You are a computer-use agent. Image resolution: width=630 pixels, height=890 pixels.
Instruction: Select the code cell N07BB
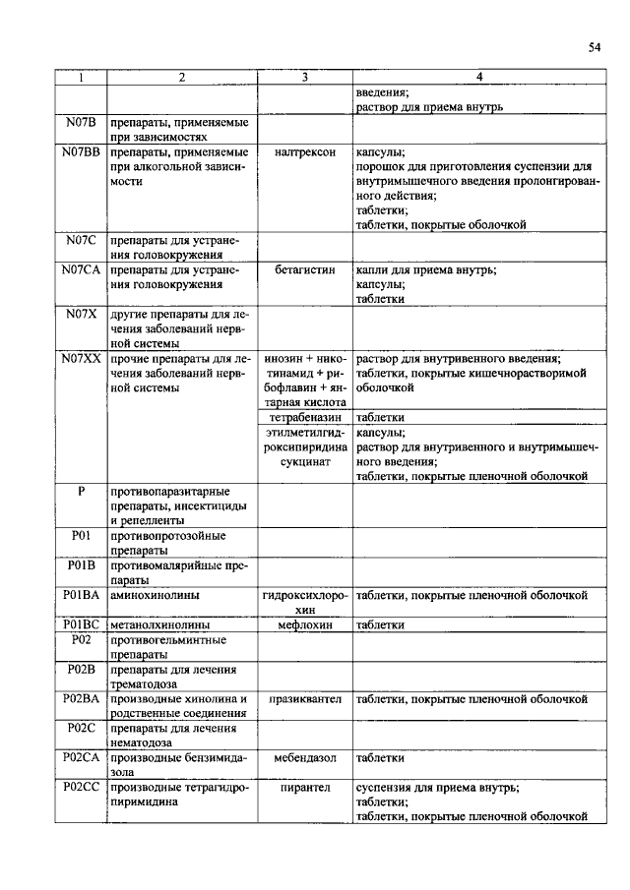80,153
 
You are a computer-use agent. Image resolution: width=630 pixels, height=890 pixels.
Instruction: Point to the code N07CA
80,269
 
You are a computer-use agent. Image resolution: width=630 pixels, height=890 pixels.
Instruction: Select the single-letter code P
80,490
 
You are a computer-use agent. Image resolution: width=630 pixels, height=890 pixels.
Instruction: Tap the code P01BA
80,595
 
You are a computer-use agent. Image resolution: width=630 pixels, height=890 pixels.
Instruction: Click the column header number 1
80,77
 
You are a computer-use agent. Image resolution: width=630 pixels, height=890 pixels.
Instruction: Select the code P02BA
80,698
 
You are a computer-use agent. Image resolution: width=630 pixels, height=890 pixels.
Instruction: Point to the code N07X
80,313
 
